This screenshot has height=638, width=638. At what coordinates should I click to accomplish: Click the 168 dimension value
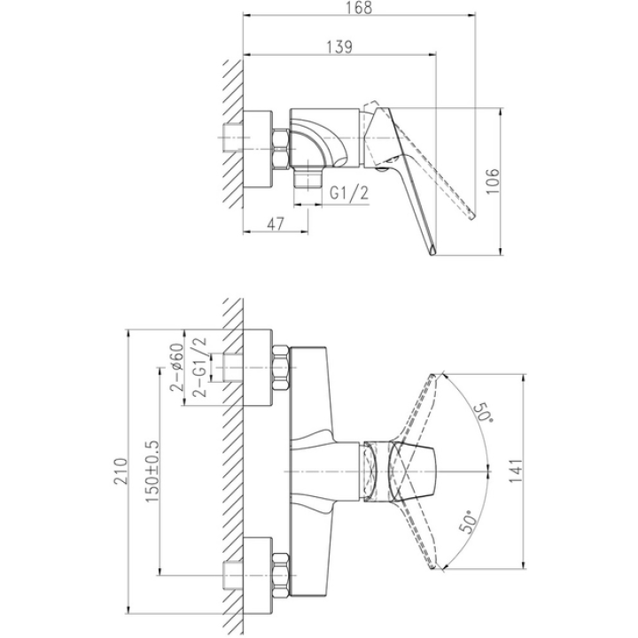[x=360, y=8]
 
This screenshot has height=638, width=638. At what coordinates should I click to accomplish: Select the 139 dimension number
[x=339, y=47]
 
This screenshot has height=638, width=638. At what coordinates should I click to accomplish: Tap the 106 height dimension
[x=493, y=181]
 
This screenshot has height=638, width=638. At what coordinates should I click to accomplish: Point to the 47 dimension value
[x=276, y=224]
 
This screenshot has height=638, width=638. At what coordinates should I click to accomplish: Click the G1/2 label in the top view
[x=349, y=192]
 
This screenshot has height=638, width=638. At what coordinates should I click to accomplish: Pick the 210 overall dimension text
[x=121, y=471]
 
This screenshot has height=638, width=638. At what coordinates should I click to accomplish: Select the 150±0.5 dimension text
[x=152, y=471]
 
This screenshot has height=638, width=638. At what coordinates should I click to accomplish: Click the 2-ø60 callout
[x=177, y=367]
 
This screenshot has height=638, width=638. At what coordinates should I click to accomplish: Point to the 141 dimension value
[x=516, y=471]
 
